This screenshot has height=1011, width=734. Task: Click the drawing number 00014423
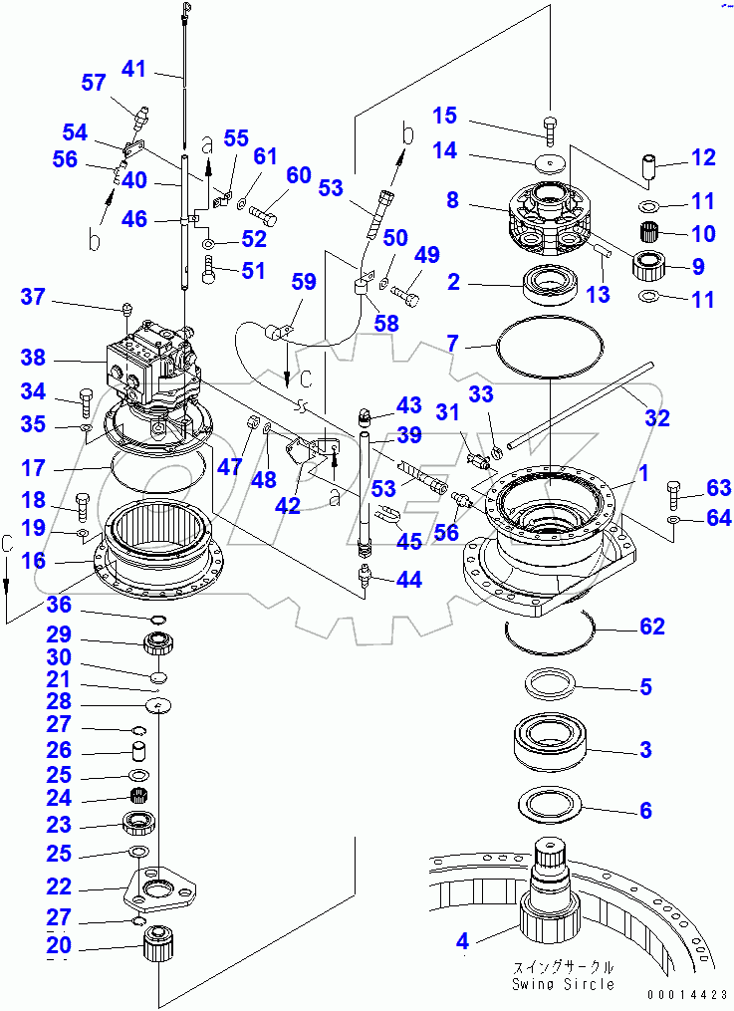coord(686,993)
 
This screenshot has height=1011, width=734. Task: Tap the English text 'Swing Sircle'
coord(564,984)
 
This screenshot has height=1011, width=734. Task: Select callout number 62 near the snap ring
coord(653,627)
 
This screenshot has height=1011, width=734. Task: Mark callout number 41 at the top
coord(133,69)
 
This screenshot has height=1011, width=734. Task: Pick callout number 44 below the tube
coord(408,579)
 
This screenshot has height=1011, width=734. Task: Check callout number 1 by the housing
coord(643,474)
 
